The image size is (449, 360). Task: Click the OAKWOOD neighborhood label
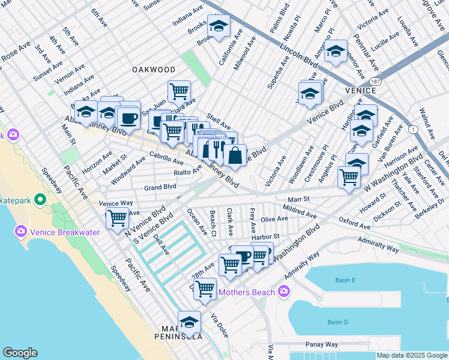click(154, 70)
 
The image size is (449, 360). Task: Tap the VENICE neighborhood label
click(360, 91)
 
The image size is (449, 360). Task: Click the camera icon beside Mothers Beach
click(284, 293)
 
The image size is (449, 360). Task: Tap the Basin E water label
click(345, 280)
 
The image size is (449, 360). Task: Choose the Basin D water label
click(338, 322)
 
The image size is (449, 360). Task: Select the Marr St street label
click(298, 199)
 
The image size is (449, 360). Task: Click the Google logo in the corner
click(20, 353)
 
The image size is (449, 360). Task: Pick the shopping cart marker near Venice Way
click(116, 218)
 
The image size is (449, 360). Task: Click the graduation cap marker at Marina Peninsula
click(189, 322)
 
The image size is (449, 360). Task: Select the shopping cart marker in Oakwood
click(179, 92)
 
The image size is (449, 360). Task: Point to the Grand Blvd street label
click(160, 188)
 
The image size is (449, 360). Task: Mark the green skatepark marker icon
click(41, 199)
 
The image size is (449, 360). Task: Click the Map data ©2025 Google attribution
click(412, 355)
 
